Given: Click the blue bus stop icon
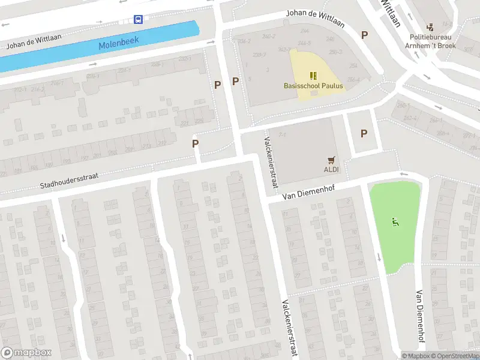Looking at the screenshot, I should click(x=139, y=19).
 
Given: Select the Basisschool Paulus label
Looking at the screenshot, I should click(x=313, y=86).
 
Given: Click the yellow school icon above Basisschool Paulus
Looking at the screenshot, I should click(x=313, y=75).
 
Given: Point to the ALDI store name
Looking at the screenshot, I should click(x=331, y=170).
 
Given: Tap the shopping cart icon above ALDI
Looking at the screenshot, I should click(x=331, y=160).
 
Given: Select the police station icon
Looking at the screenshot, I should click(x=430, y=27).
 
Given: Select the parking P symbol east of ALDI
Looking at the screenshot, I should click(x=364, y=133).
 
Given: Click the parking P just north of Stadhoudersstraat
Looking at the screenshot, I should click(x=195, y=143).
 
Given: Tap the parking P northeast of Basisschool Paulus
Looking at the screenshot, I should click(x=364, y=35).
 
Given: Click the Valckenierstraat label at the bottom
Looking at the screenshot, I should click(x=286, y=328).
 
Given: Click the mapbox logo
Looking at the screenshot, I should click(x=26, y=353).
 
